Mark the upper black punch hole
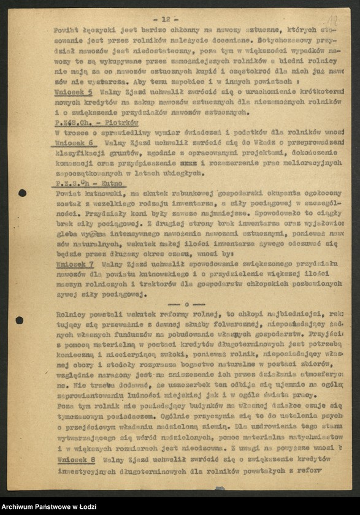[22, 193]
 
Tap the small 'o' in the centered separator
[185, 304]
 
